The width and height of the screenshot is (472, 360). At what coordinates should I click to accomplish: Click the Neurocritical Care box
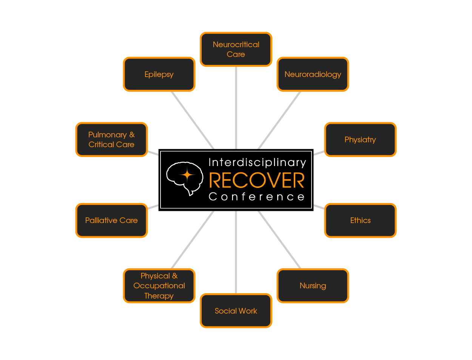pos(236,49)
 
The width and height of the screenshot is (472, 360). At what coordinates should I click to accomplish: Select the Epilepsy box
pos(159,74)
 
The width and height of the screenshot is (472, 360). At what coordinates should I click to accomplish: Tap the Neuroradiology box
pos(313,74)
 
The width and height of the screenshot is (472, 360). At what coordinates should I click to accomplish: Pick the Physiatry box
pos(360,140)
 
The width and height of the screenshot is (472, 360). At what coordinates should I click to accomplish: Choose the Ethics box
pos(360,220)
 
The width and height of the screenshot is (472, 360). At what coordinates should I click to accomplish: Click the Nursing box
pos(313,286)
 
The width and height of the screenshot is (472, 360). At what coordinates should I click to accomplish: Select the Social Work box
pos(236,311)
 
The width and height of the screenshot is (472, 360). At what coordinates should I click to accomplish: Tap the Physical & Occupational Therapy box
pos(159,286)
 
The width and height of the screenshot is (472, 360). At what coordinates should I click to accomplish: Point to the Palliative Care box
pos(111,220)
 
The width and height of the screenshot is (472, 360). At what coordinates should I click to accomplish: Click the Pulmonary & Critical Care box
pos(111,140)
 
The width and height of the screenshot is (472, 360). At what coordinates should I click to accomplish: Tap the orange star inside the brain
pos(187,175)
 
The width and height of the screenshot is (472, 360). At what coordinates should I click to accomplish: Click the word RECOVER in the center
pos(257,181)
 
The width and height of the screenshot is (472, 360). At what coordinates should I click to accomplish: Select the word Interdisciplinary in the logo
pos(257,163)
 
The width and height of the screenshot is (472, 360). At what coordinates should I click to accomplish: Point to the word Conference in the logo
pos(257,197)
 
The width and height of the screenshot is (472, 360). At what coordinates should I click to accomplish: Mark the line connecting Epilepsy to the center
pos(192,120)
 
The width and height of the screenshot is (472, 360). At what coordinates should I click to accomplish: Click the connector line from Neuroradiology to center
pos(280,120)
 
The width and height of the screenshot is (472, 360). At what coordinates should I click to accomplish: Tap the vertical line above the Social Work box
pos(236,253)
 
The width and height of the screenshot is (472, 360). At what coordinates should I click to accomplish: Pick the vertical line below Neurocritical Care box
pos(236,108)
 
